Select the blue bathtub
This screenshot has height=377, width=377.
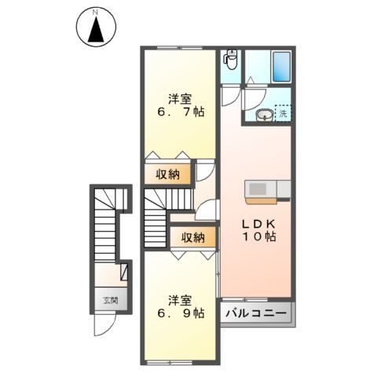point(281,69)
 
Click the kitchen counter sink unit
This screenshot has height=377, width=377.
point(268,190)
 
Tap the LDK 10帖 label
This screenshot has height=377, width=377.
point(258,229)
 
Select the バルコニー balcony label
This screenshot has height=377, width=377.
point(257,313)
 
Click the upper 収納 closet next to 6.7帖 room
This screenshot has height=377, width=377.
point(167,173)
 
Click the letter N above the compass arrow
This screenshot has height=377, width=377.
point(96,13)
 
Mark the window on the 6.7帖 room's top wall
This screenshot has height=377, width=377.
point(178,49)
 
